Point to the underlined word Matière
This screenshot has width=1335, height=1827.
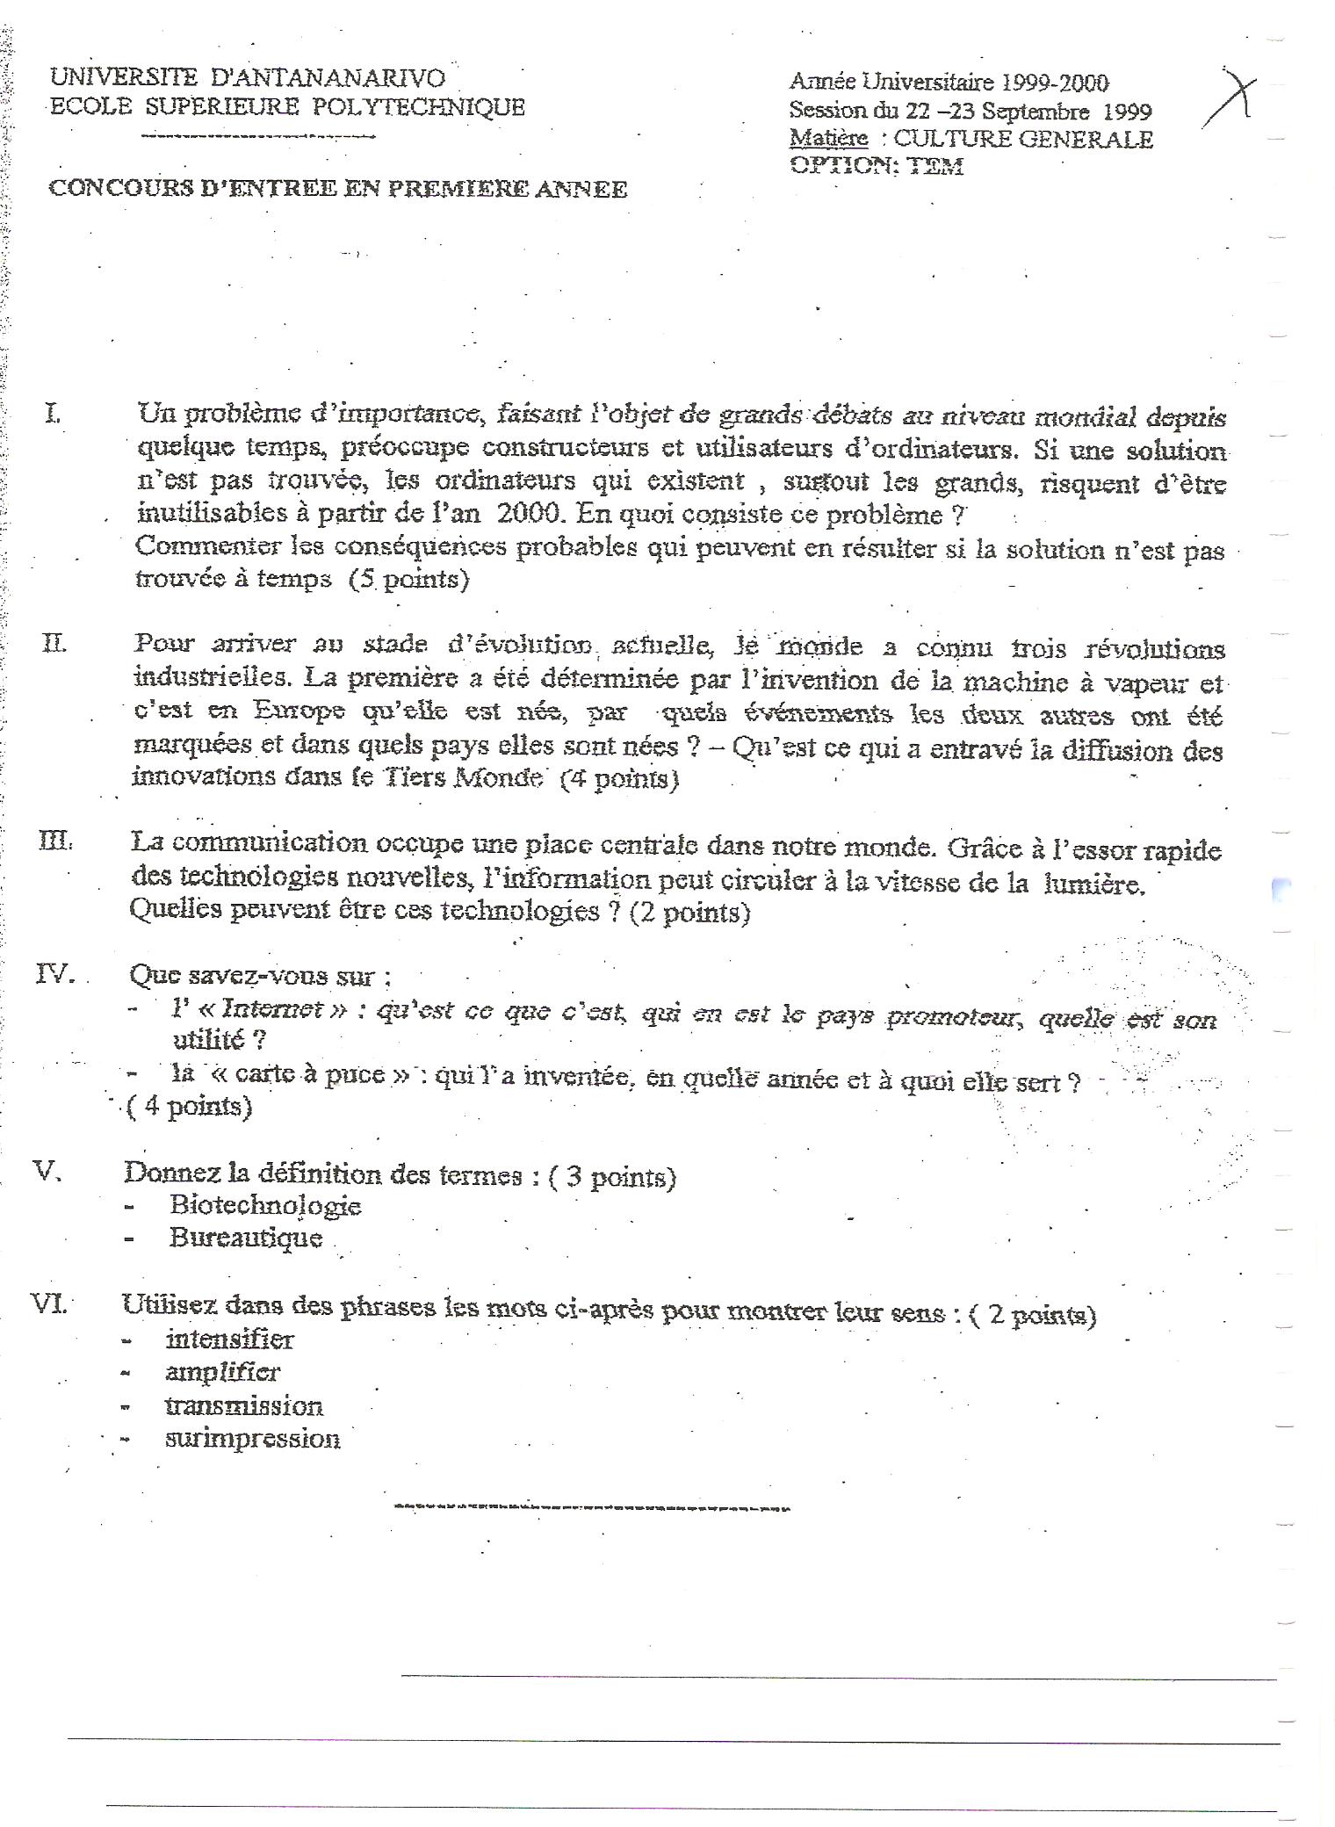pyautogui.click(x=828, y=139)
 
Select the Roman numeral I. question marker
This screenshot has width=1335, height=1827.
pyautogui.click(x=54, y=412)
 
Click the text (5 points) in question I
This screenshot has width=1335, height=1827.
pyautogui.click(x=408, y=579)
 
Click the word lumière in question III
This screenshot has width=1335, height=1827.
pyautogui.click(x=1093, y=884)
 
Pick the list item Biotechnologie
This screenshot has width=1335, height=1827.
pyautogui.click(x=265, y=1205)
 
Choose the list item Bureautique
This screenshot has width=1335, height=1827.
pyautogui.click(x=246, y=1238)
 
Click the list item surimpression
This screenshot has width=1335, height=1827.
pyautogui.click(x=252, y=1438)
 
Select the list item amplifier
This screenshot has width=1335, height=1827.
pyautogui.click(x=222, y=1371)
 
